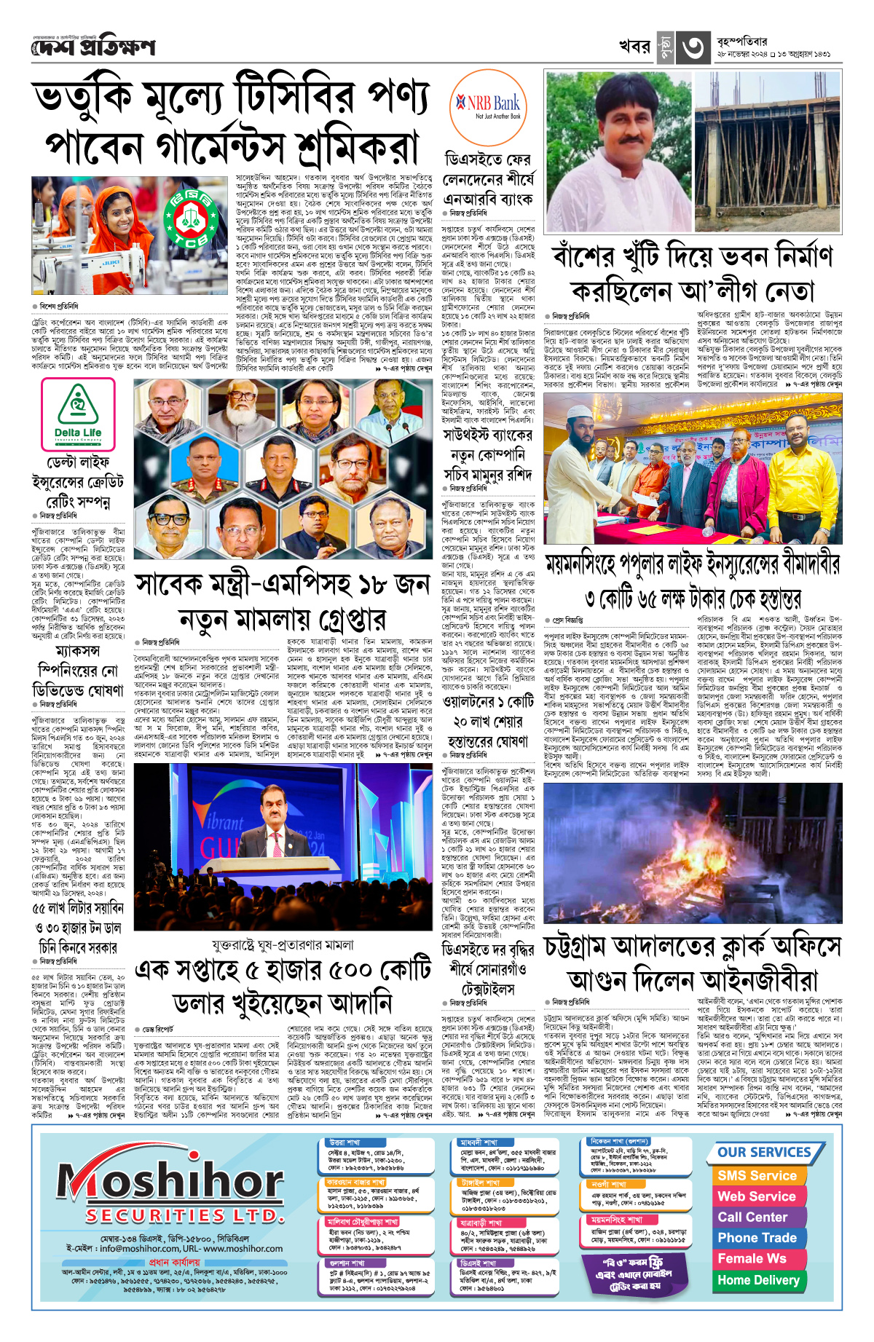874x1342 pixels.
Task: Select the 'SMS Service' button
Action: [757, 1175]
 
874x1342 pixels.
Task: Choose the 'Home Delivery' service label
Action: [757, 1279]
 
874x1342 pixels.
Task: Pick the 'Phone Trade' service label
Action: [757, 1238]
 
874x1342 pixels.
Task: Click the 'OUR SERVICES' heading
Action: [764, 1152]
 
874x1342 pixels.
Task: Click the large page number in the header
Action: [692, 48]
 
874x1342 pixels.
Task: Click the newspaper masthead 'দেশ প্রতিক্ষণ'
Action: [93, 47]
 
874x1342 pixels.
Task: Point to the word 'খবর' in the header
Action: [634, 47]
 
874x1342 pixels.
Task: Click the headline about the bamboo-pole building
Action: [692, 274]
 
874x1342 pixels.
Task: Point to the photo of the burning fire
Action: [692, 853]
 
